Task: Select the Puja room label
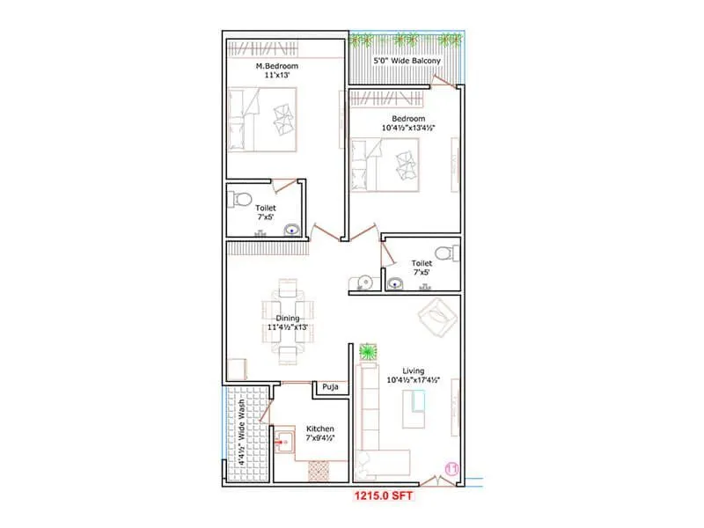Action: (330, 386)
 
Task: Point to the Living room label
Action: (414, 370)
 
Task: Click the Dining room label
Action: (288, 318)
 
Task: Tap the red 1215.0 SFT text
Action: (383, 496)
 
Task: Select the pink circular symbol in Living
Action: (454, 468)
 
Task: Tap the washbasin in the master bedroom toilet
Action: (291, 231)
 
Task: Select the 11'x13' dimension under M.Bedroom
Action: (277, 76)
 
